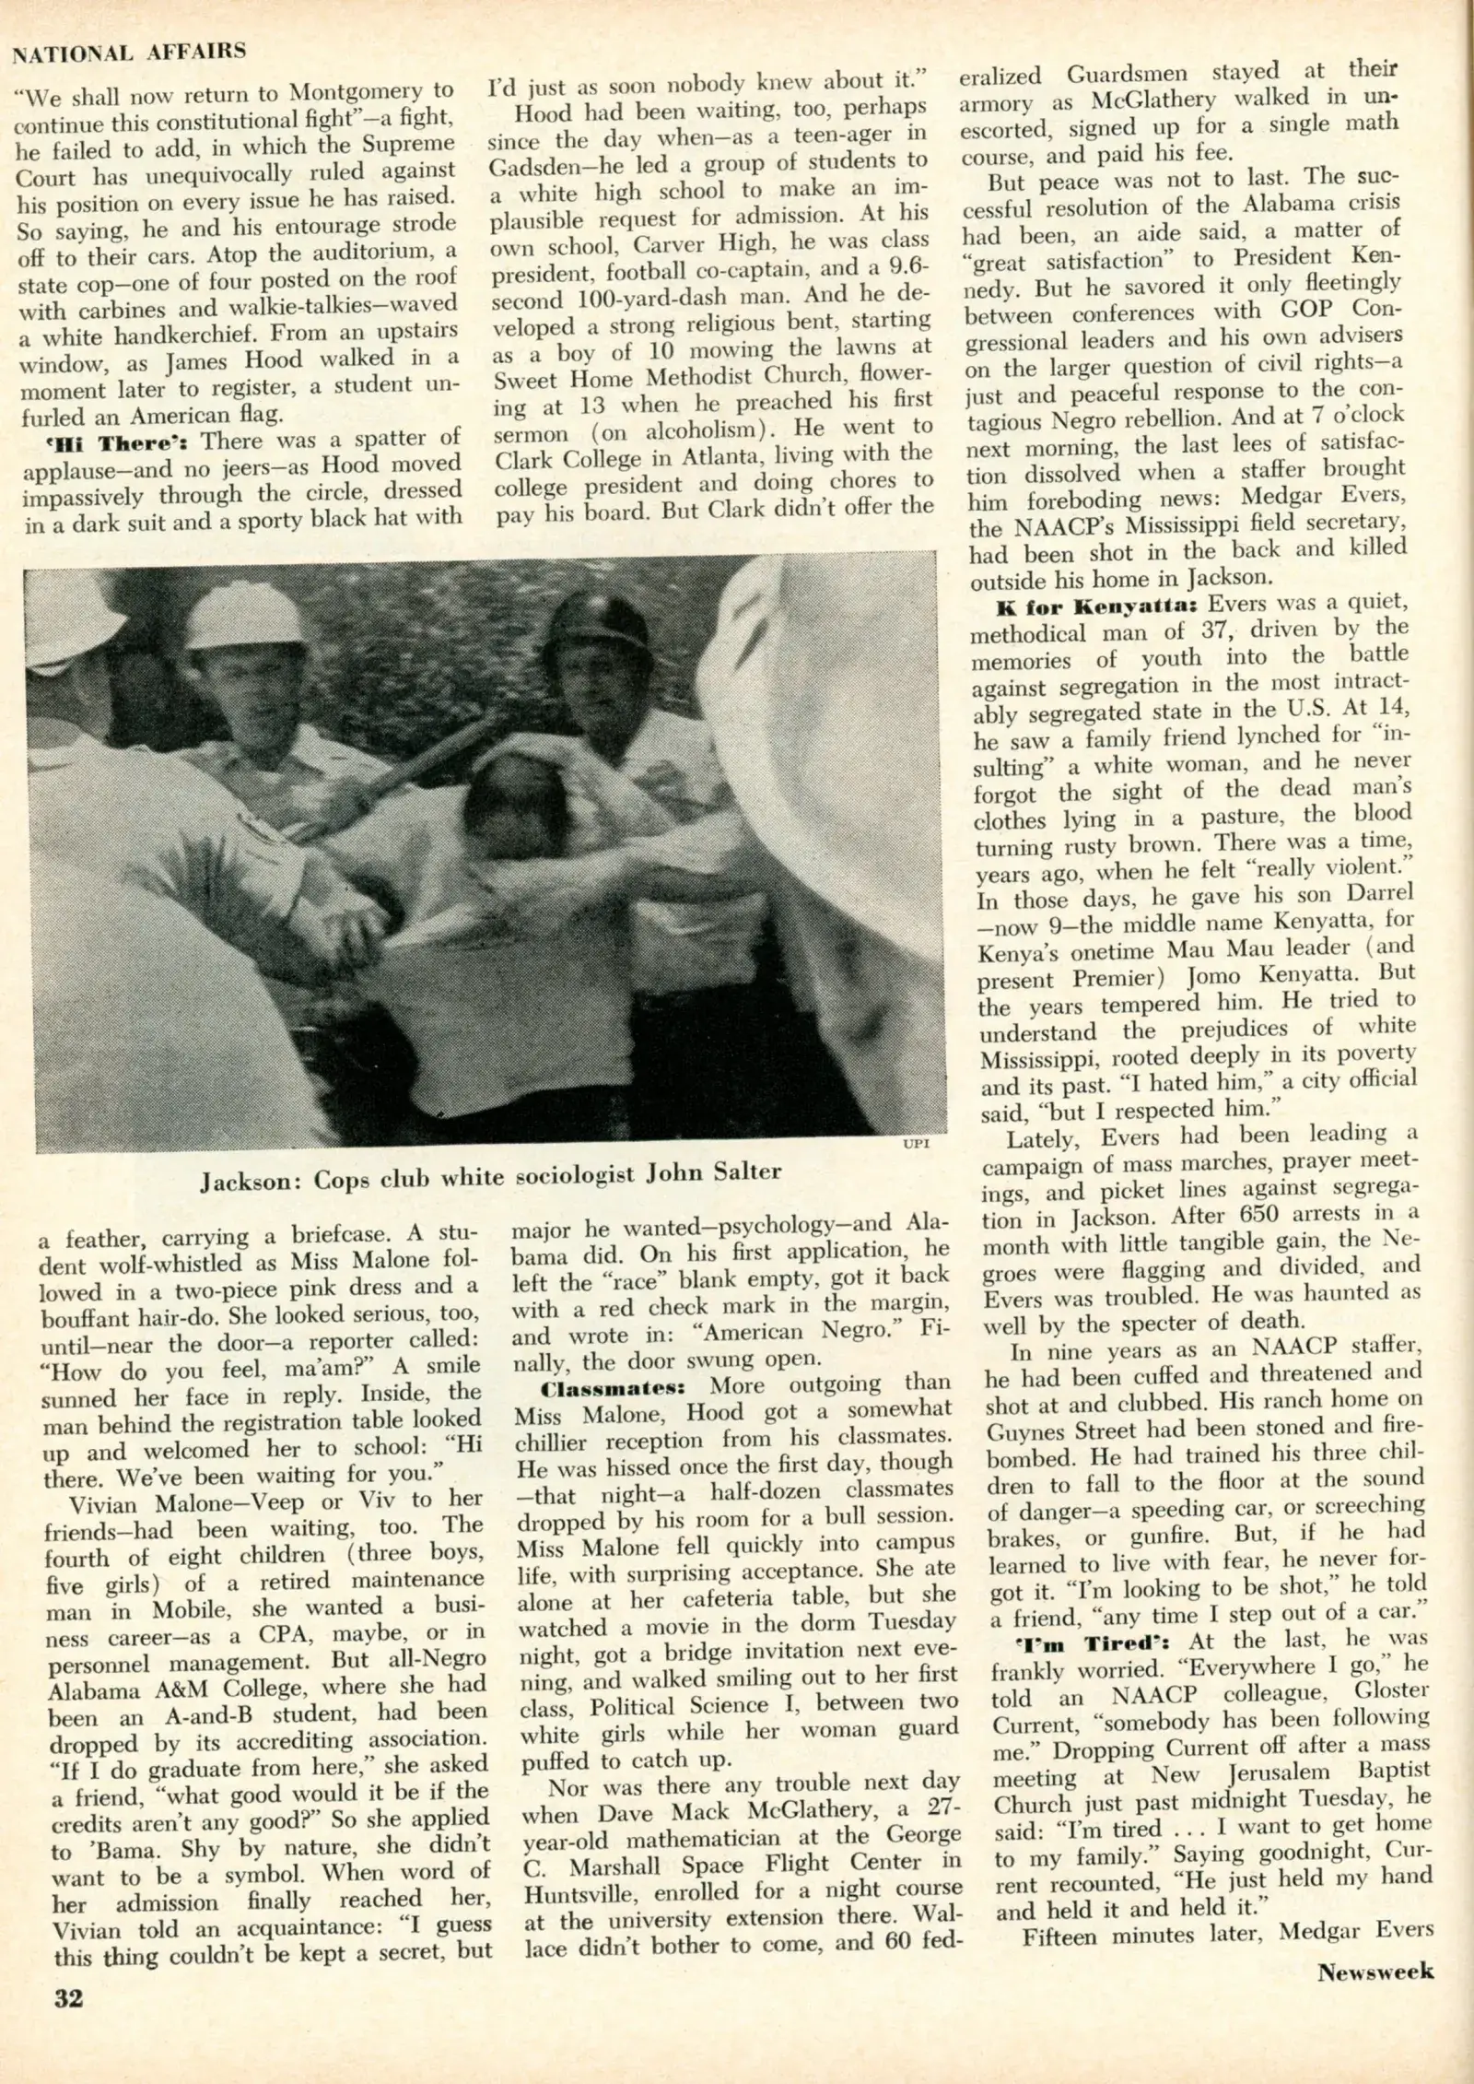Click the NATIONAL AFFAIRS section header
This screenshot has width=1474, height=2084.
coord(129,53)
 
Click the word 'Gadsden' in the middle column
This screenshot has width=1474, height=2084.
coord(534,167)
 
